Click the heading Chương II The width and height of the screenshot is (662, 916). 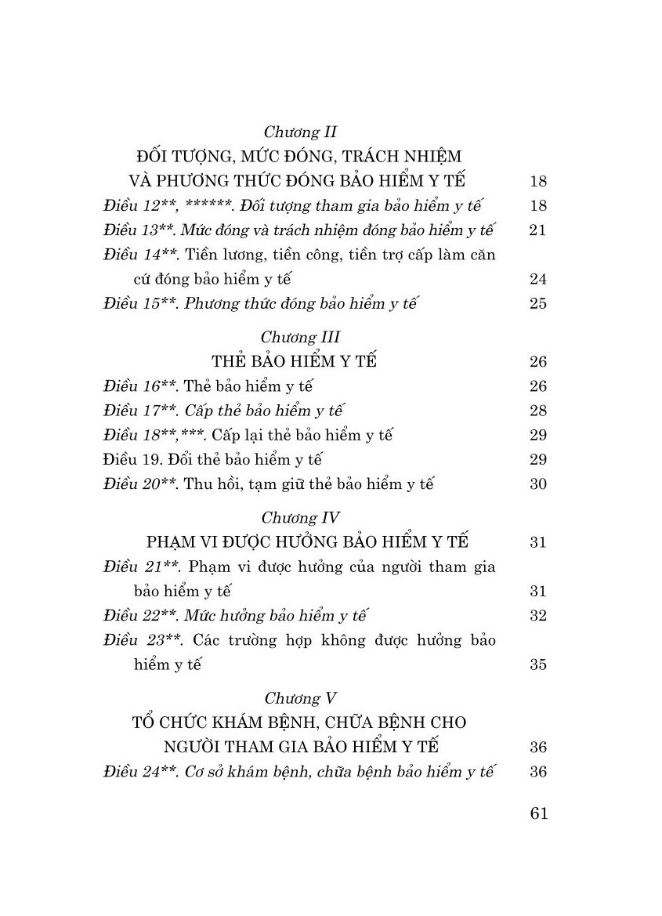click(300, 132)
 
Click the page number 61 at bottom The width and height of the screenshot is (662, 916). click(537, 813)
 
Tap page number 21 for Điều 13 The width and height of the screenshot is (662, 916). click(537, 230)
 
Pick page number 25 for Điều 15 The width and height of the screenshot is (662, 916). click(537, 304)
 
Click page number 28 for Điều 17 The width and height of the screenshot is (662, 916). click(537, 411)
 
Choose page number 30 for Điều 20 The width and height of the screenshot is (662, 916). click(537, 484)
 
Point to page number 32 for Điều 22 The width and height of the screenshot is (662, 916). click(537, 615)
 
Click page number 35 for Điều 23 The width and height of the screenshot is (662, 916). click(537, 665)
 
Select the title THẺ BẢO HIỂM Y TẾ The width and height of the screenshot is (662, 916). click(294, 362)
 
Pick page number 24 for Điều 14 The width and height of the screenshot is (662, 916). click(537, 280)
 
